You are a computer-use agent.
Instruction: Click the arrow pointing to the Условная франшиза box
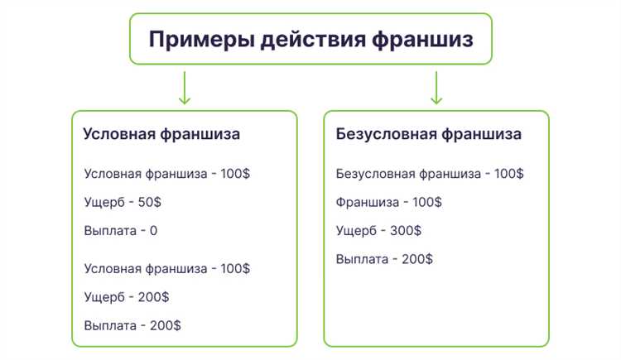coord(184,88)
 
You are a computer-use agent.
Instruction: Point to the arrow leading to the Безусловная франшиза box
coord(436,88)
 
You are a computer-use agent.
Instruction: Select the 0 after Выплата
coord(153,230)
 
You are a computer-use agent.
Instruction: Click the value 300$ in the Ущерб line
coord(405,230)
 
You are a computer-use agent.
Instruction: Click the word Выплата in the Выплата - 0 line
coord(110,230)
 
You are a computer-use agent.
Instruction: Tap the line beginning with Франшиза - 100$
coord(388,202)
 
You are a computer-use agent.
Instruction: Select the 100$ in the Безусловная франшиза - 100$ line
coord(508,174)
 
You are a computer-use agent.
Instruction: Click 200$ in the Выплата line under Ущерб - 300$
coord(416,259)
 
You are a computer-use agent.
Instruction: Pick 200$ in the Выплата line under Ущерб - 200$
coord(165,324)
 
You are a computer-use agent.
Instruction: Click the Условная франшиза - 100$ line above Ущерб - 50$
coord(166,174)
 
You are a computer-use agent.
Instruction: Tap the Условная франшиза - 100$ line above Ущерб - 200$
coord(166,268)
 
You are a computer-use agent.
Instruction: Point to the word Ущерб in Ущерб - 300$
coord(357,230)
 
